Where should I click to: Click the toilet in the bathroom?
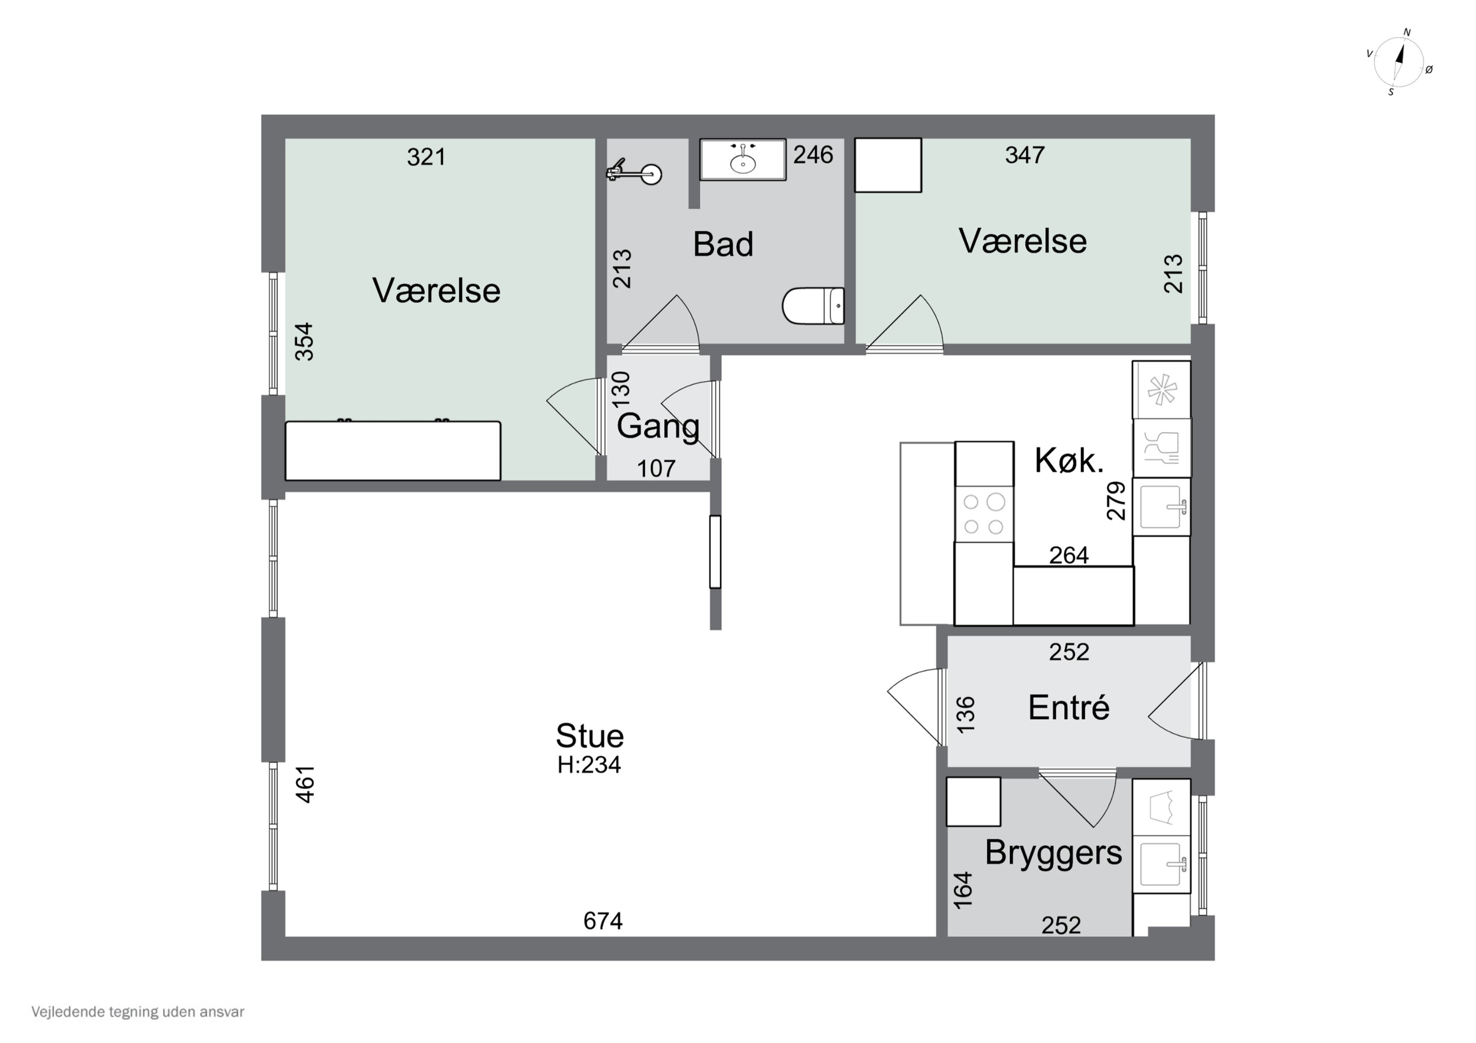(x=813, y=306)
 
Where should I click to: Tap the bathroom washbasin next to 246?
(x=743, y=159)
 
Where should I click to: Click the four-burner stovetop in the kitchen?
(x=984, y=513)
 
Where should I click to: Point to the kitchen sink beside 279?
(x=1162, y=507)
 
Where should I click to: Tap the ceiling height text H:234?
(x=589, y=765)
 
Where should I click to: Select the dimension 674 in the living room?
(x=603, y=922)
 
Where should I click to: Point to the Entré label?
(x=1069, y=708)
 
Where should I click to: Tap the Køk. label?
(x=1069, y=461)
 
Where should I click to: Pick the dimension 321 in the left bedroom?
(x=426, y=157)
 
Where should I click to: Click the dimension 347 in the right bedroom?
(x=1025, y=155)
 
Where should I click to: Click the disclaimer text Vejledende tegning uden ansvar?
(x=138, y=1012)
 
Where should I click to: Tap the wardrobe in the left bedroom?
(x=393, y=450)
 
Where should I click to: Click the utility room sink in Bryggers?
(x=1162, y=864)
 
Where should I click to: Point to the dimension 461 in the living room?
(x=306, y=784)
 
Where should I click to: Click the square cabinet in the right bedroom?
(x=888, y=165)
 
